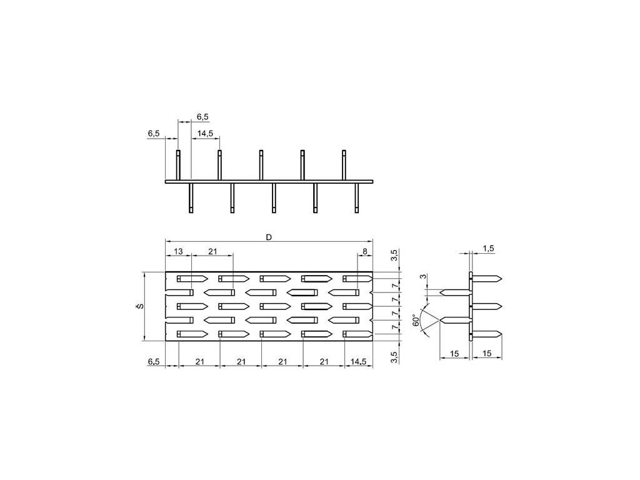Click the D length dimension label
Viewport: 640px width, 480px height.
[269, 237]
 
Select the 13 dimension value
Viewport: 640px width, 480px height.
[178, 251]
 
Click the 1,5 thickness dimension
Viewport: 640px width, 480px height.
[488, 249]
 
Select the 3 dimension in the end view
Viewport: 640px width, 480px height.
[422, 277]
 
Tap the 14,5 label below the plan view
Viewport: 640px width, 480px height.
[359, 361]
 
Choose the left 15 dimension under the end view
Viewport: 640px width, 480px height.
[454, 354]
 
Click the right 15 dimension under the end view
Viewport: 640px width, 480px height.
[487, 354]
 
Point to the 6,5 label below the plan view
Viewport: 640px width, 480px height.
[154, 361]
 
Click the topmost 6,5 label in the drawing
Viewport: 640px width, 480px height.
[202, 116]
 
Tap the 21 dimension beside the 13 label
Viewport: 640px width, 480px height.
[212, 251]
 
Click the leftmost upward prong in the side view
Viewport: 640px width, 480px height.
[178, 166]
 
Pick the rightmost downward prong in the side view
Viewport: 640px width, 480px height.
[356, 198]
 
